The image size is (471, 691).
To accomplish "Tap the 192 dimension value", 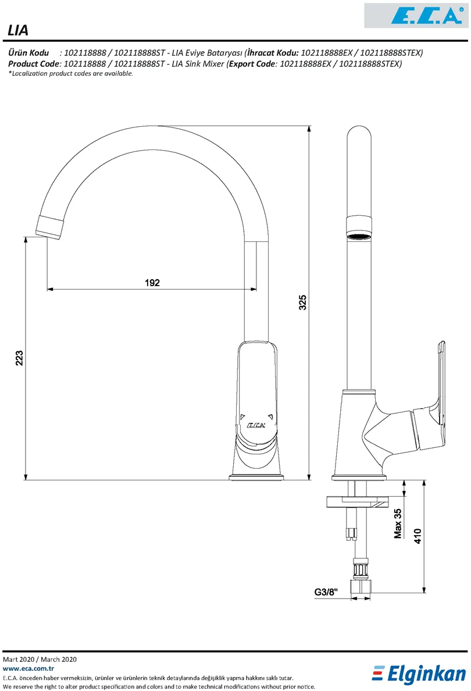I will coord(152,283).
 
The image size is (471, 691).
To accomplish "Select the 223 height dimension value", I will coord(19,358).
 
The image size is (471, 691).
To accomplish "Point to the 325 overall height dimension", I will coord(303,302).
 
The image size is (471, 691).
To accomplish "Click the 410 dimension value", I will coord(418,535).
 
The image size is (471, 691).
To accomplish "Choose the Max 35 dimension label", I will coord(398,523).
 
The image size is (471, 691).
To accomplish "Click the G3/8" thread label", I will coord(326,592).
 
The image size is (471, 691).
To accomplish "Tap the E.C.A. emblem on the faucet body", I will coord(256,425).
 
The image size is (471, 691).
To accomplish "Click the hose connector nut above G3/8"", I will coord(361,566).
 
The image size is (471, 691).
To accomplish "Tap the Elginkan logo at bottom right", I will coord(419,674).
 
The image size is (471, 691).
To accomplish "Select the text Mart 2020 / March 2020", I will coord(40,660).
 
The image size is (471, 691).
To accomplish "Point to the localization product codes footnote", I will coord(70,74).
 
